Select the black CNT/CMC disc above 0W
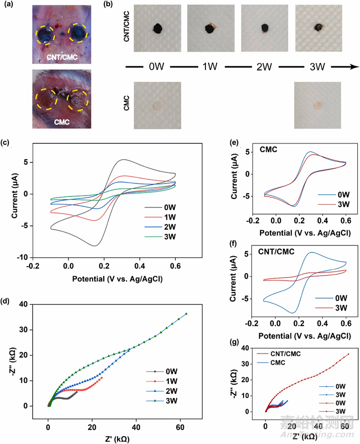(157, 29)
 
